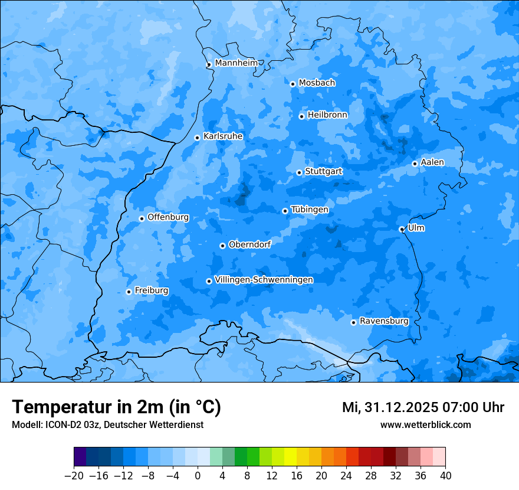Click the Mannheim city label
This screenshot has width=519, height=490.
[236, 63]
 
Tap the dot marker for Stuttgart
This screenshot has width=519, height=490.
[299, 172]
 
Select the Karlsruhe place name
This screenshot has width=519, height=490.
[223, 136]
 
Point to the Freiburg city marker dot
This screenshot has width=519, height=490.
[129, 292]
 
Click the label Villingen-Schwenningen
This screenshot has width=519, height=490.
[264, 280]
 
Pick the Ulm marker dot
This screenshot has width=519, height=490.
[402, 229]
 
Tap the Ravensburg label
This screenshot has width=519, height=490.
[384, 321]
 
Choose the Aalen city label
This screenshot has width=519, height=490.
[432, 162]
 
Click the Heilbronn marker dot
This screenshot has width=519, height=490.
[301, 116]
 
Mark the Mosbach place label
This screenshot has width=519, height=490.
[317, 83]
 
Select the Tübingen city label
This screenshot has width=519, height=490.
[310, 210]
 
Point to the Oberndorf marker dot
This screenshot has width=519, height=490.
[222, 246]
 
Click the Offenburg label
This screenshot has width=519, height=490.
[168, 217]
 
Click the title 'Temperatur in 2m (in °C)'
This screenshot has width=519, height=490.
[116, 407]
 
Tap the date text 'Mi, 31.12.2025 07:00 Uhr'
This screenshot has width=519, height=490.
[423, 407]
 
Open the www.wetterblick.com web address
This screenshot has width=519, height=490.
[425, 425]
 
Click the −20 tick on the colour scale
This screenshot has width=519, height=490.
[74, 476]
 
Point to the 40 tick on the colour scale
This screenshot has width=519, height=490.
[445, 476]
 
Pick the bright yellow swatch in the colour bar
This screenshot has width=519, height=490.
[290, 457]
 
